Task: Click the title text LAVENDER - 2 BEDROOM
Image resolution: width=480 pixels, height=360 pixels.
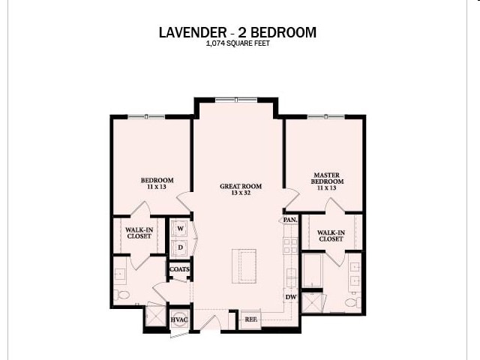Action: pos(238,32)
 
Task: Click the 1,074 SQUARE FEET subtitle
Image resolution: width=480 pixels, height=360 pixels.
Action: pos(238,44)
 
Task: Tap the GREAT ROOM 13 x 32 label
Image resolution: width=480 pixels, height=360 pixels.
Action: pos(238,189)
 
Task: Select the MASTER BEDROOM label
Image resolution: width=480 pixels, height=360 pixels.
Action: pos(328,181)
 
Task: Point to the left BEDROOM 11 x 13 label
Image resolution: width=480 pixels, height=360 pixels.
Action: pos(157,184)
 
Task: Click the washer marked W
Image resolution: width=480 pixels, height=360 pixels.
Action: pos(180,227)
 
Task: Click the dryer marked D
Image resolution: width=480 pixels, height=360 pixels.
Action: pos(180,246)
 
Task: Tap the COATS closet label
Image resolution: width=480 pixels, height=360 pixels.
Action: pos(179,269)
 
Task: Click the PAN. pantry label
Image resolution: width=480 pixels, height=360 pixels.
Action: pos(290,220)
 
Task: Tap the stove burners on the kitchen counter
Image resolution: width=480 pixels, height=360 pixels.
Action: pos(289,244)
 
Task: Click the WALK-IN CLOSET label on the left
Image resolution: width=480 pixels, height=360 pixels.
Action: pos(138,233)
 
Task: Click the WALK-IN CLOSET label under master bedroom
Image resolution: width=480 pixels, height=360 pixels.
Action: pos(331,236)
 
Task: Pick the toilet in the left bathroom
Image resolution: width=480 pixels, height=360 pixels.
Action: pos(124,294)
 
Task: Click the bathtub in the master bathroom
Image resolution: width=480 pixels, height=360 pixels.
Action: pos(312,269)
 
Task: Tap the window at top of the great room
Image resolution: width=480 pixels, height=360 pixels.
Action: pos(237,99)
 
